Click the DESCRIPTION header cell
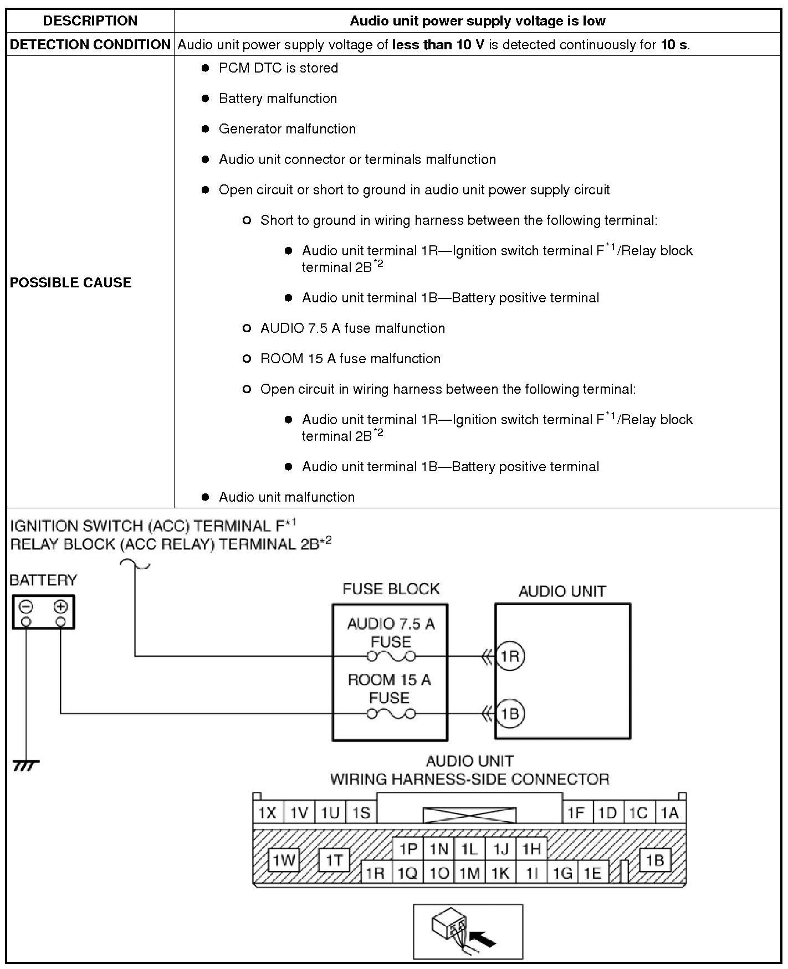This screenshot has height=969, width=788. point(90,21)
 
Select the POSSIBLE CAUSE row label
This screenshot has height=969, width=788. point(70,282)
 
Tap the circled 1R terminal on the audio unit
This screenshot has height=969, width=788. point(509,657)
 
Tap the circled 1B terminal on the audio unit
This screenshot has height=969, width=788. point(509,713)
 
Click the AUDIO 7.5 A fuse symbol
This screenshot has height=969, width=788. point(391,657)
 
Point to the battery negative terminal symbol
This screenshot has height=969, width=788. point(26,607)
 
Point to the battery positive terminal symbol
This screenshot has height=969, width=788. point(60,607)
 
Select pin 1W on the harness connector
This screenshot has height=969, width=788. point(284,860)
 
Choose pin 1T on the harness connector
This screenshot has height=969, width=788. point(334,860)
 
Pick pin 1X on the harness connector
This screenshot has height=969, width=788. point(268,813)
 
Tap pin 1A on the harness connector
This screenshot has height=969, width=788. point(669,813)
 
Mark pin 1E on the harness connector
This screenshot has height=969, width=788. point(592,873)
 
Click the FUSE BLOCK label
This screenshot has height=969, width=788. point(391,589)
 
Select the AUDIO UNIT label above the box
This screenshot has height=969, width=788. point(562,591)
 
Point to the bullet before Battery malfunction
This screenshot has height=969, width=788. point(206,99)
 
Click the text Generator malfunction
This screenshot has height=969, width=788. point(287,129)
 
